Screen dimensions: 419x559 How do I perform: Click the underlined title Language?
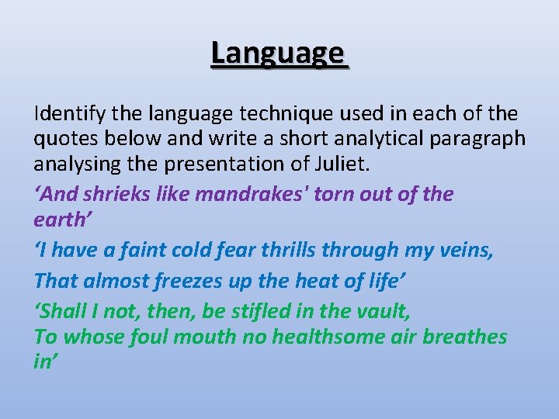[x=277, y=54]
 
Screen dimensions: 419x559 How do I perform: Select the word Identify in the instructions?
[x=69, y=114]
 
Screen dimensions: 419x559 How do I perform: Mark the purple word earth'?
[x=59, y=220]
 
